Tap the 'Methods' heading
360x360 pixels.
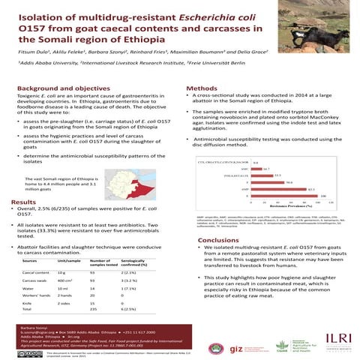(205, 88)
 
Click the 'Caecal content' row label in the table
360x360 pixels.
(36, 272)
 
